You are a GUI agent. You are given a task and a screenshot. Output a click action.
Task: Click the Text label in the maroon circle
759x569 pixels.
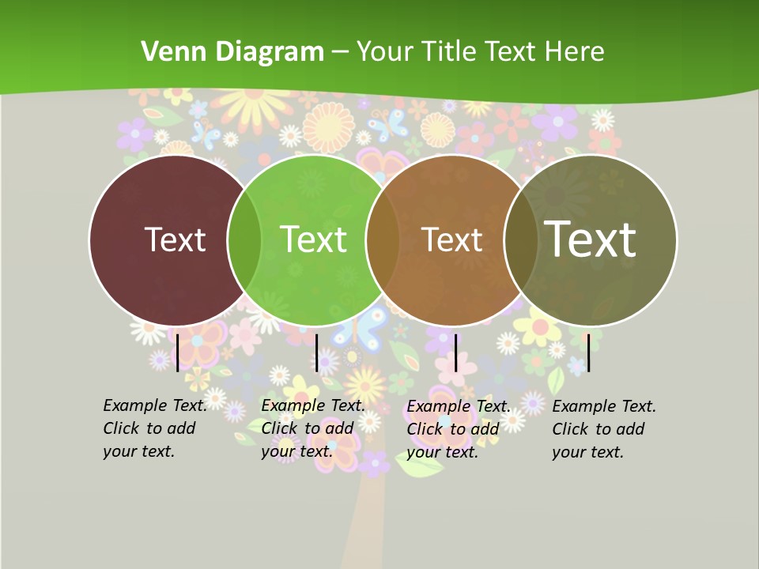[175, 239]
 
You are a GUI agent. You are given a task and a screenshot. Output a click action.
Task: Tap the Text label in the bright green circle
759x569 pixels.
[313, 239]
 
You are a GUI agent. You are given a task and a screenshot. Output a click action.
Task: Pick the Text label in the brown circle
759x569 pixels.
[451, 239]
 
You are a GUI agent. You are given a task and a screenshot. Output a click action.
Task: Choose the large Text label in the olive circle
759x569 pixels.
[590, 239]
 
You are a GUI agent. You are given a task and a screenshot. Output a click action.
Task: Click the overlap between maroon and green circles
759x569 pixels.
[244, 240]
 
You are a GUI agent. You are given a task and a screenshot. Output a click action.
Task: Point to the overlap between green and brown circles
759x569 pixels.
[383, 240]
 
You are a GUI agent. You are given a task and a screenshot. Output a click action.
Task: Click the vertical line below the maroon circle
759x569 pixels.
[177, 352]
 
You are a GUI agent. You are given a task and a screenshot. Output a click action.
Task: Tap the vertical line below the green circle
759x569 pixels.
[316, 352]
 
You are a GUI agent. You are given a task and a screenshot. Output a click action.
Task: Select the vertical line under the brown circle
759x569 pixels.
[456, 352]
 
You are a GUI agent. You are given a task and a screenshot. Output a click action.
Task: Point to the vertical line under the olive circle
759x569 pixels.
[588, 352]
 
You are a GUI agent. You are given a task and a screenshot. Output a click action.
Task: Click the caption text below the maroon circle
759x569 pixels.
[154, 428]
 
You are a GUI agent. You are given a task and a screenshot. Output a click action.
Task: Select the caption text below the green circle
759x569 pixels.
[312, 428]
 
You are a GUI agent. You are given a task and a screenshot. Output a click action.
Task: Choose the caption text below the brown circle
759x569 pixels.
[458, 429]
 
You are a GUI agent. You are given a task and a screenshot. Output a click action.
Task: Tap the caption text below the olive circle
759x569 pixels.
[603, 429]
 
